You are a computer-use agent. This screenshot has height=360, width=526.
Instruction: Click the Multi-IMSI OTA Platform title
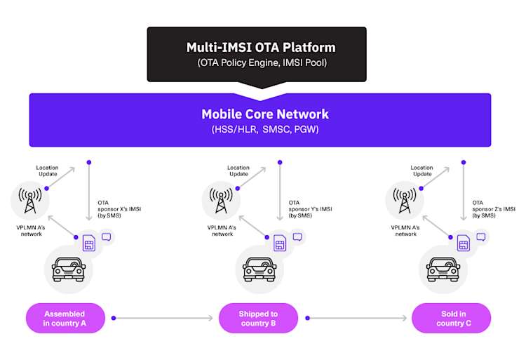260,48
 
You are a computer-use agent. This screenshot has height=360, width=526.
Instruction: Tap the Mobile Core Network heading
264,114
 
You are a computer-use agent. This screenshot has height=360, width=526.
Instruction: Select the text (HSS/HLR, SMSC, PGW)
264,129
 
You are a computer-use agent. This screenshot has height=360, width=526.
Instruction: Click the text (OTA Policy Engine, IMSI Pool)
260,63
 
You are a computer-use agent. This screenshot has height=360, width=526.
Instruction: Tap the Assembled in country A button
65,318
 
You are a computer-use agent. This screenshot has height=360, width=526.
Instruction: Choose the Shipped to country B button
258,318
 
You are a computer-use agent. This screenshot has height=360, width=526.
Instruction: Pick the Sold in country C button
450,318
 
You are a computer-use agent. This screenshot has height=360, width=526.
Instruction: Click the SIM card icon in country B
279,244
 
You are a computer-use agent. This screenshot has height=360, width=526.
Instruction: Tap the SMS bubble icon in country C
480,237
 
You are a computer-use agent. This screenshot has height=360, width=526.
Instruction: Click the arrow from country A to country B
161,319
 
